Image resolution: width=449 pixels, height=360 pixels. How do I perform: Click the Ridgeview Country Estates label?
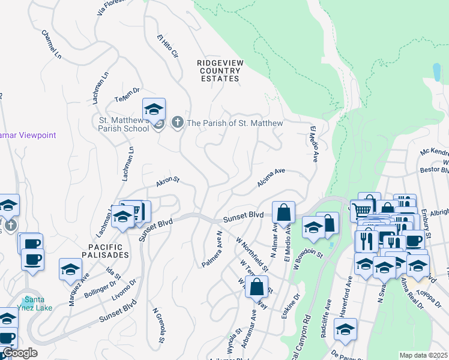[219, 70]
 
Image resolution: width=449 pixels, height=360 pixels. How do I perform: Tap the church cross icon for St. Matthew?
[177, 123]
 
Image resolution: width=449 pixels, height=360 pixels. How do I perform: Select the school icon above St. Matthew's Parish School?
[154, 110]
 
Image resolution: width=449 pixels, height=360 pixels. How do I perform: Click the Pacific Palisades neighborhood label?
[105, 251]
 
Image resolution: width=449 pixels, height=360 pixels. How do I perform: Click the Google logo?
[19, 353]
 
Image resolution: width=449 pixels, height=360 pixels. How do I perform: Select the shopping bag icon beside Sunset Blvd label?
[283, 213]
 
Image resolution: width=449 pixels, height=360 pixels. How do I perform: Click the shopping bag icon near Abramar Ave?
[256, 287]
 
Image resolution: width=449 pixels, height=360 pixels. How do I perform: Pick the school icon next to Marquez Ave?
[70, 270]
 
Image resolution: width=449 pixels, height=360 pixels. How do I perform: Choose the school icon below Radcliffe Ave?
[345, 329]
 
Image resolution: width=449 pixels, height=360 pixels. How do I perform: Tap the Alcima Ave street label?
[271, 177]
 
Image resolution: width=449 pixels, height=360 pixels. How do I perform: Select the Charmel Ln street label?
[52, 44]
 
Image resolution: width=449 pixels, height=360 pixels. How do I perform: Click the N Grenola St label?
[158, 326]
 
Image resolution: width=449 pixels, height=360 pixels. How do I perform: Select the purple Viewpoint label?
[28, 135]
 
